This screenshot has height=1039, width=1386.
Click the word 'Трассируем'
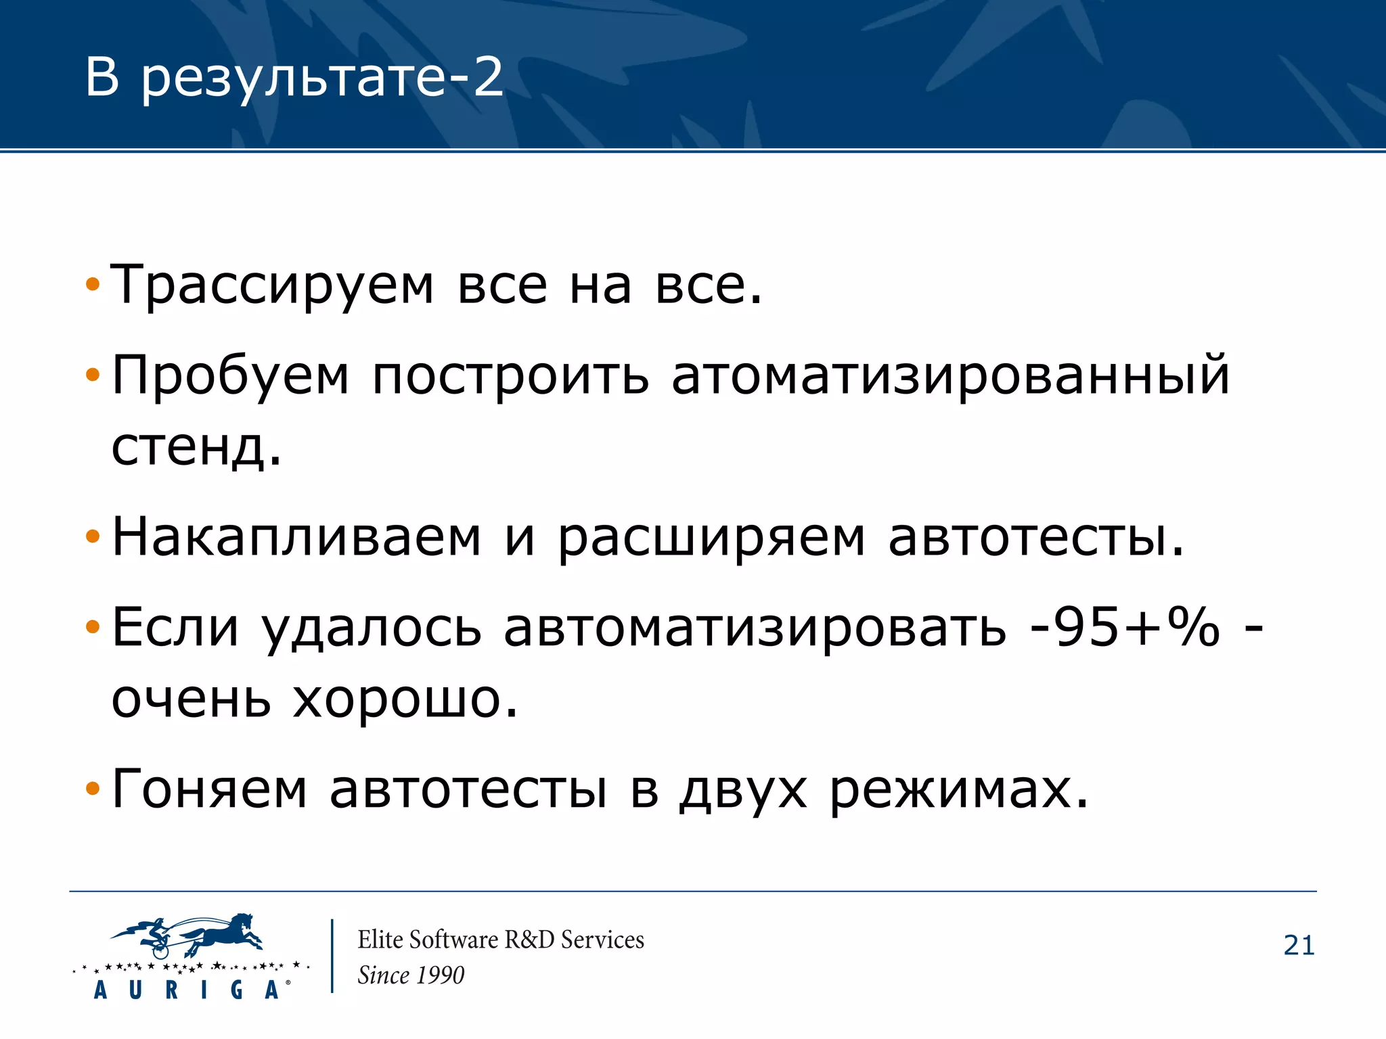click(271, 285)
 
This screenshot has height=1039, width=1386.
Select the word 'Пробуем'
click(231, 376)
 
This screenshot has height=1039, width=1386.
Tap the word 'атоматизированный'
click(950, 376)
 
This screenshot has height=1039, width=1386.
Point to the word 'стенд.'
click(196, 448)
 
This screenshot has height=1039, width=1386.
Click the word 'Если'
click(175, 627)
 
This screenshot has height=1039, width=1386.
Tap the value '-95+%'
click(1124, 627)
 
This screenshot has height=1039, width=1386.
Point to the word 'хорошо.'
click(405, 699)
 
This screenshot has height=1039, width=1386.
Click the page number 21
click(1299, 946)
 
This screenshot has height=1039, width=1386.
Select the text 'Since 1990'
click(411, 975)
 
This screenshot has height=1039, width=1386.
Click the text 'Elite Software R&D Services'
click(501, 940)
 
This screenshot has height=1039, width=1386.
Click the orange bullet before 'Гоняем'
click(93, 788)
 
